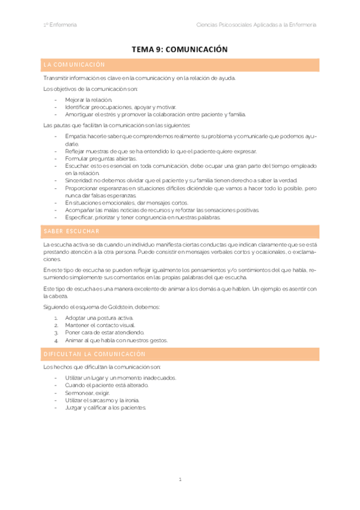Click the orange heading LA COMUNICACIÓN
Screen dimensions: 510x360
tap(75, 64)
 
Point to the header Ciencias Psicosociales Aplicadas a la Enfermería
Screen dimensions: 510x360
tap(257, 25)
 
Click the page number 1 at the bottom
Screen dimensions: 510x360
tap(180, 479)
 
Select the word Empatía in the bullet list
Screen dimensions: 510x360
tap(76, 137)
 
